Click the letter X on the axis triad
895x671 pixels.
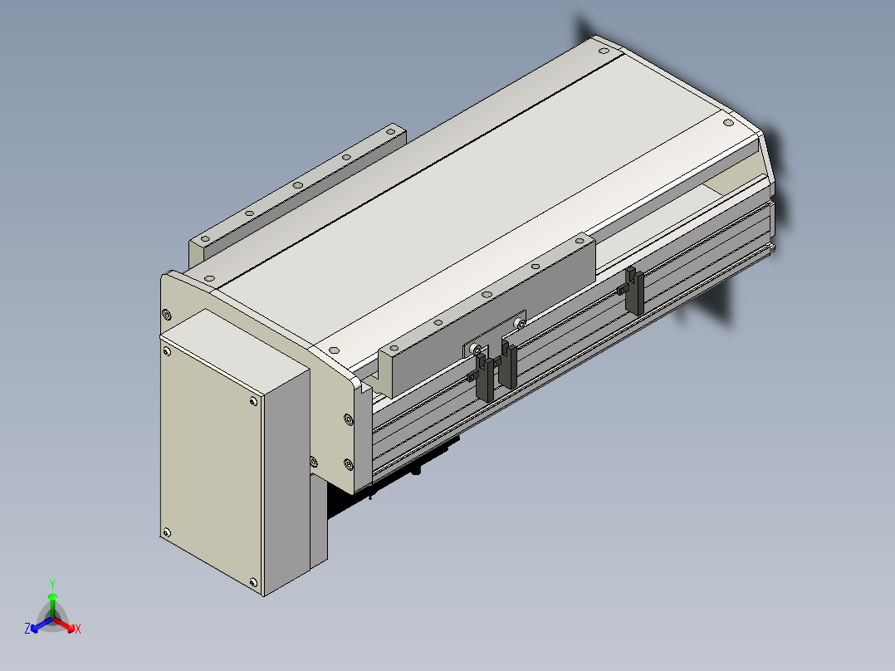pyautogui.click(x=78, y=629)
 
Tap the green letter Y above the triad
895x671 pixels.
pyautogui.click(x=52, y=584)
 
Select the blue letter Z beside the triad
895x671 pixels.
pyautogui.click(x=27, y=628)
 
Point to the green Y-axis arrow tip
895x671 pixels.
pyautogui.click(x=52, y=594)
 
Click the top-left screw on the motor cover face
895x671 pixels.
pyautogui.click(x=167, y=351)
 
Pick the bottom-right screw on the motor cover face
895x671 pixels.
pyautogui.click(x=253, y=582)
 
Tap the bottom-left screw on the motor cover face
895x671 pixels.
pyautogui.click(x=167, y=533)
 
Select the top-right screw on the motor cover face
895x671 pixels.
pyautogui.click(x=253, y=401)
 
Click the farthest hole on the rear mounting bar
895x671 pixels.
pyautogui.click(x=390, y=131)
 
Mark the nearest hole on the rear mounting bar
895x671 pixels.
pyautogui.click(x=204, y=238)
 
